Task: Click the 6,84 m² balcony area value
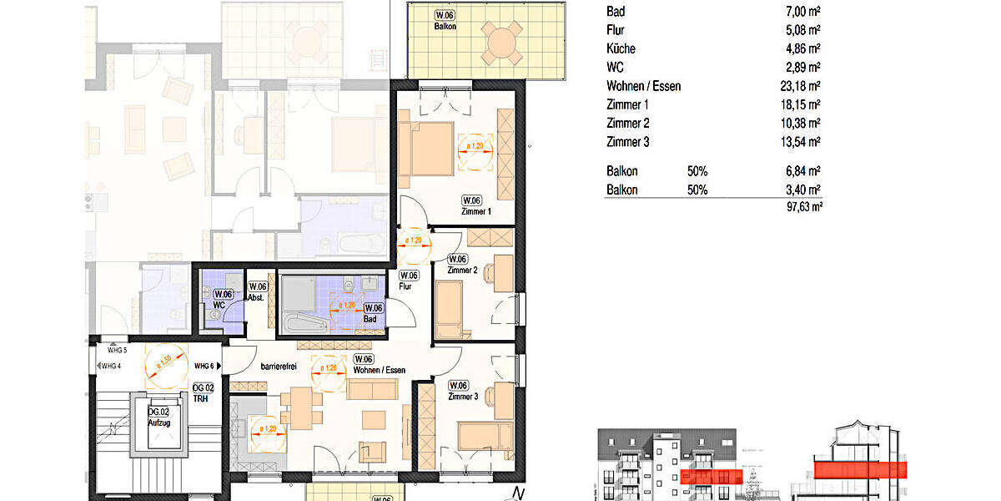[802, 171]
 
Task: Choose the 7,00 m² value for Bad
[802, 13]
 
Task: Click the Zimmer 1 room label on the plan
[476, 211]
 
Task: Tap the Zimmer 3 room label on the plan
[463, 397]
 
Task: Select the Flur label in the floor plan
[406, 286]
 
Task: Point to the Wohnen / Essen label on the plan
[380, 369]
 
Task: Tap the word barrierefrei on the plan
[279, 366]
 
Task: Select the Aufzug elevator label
[158, 423]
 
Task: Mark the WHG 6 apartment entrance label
[205, 366]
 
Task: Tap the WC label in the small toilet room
[219, 305]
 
